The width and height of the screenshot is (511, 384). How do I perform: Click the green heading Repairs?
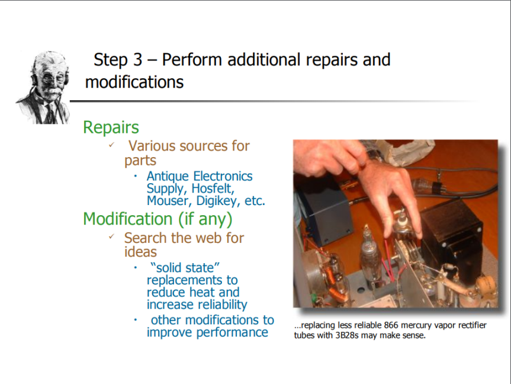point(111,127)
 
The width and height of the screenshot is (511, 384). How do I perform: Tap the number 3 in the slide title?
point(137,60)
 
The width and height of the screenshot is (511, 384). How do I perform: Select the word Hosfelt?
point(213,188)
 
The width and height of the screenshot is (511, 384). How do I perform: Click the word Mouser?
point(169,201)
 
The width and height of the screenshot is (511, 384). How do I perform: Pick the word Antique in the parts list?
point(168,177)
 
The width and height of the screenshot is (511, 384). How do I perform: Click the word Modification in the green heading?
point(128,219)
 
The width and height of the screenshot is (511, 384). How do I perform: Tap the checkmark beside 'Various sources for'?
point(111,145)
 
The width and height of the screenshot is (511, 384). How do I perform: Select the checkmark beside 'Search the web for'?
point(111,236)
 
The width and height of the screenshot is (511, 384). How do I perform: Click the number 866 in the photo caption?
point(391,325)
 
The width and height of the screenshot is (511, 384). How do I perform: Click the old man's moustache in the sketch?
point(51,93)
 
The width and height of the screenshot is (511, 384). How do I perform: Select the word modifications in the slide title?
point(134,82)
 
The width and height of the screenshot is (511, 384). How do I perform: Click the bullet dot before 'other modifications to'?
point(136,320)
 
